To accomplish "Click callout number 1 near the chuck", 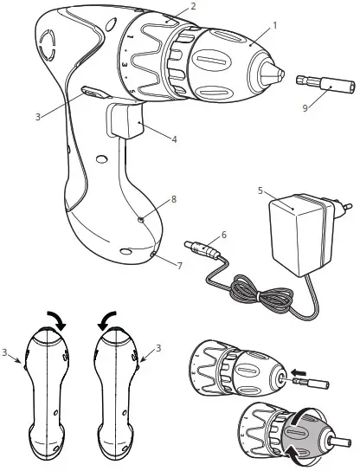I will [x=275, y=25].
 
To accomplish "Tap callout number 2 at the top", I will [x=193, y=6].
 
